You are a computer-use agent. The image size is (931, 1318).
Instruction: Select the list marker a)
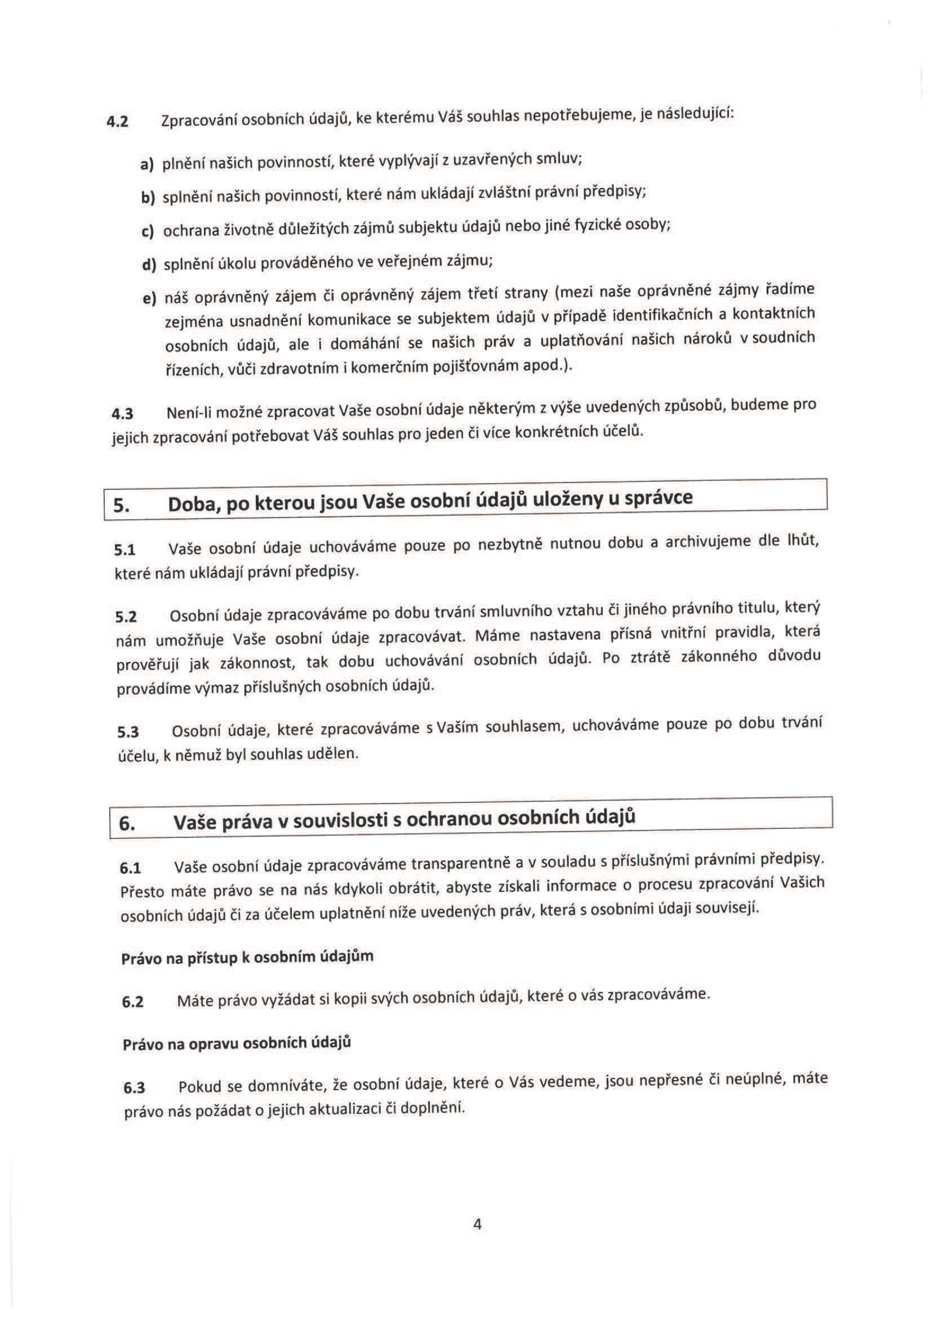click(146, 165)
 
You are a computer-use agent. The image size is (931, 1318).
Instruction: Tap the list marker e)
click(149, 298)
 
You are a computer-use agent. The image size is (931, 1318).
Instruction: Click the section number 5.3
click(128, 733)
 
